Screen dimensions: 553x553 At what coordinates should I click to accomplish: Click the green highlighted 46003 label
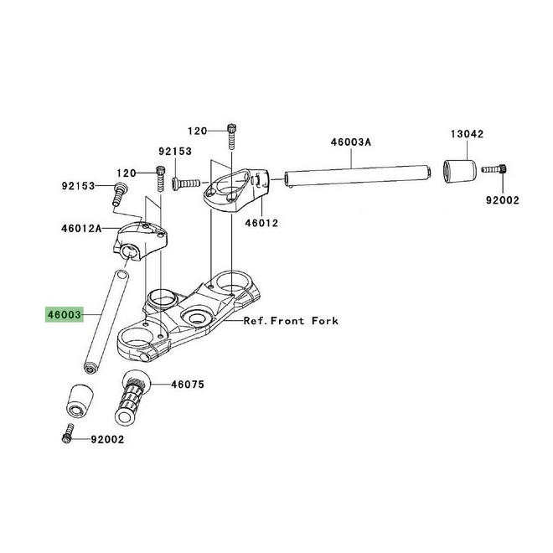(65, 314)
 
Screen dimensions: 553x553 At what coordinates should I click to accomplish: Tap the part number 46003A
(351, 142)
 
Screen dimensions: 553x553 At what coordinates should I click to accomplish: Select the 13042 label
(468, 134)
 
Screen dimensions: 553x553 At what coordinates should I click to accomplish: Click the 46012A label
(81, 229)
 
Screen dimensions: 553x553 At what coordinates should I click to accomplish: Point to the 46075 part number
(188, 384)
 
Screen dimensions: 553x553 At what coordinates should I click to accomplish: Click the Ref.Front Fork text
(291, 321)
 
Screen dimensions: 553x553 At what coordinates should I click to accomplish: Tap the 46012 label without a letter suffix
(261, 223)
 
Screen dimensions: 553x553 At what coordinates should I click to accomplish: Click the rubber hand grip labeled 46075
(132, 398)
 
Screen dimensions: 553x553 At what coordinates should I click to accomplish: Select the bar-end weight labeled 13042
(459, 172)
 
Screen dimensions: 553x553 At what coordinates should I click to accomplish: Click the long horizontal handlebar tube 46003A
(358, 176)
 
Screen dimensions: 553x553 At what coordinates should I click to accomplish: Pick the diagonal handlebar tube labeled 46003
(106, 321)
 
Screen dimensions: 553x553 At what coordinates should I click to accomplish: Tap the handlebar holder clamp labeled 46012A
(140, 240)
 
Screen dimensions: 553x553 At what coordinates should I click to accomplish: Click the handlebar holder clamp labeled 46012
(236, 190)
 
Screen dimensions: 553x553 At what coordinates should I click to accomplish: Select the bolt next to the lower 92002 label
(68, 433)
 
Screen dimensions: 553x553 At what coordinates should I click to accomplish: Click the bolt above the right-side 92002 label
(494, 169)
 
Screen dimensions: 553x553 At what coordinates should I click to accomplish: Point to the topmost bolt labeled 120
(231, 137)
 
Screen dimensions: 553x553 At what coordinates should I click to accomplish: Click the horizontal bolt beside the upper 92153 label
(186, 183)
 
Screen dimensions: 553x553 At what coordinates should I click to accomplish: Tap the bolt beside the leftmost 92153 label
(118, 194)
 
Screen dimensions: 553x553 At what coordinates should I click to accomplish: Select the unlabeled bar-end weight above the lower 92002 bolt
(80, 401)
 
